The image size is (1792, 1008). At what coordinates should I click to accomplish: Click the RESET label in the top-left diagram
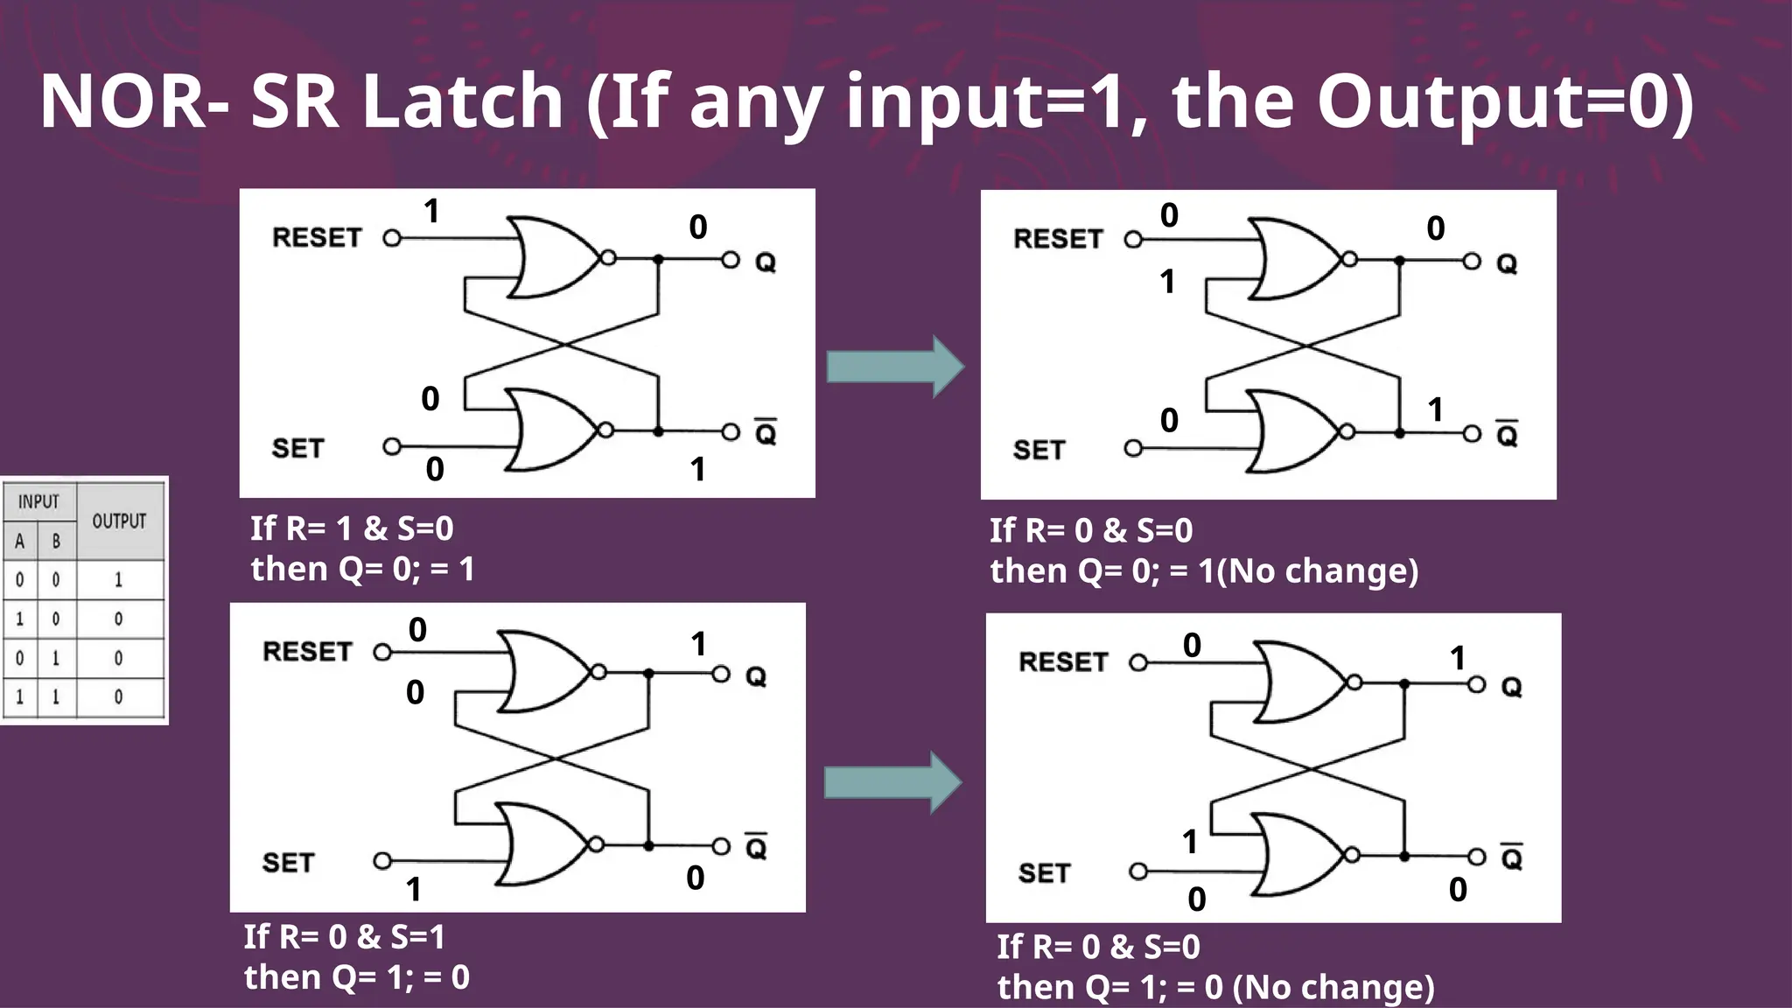[317, 238]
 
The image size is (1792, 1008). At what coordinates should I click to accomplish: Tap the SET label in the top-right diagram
[1039, 451]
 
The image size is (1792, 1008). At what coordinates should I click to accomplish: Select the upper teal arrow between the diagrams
[895, 367]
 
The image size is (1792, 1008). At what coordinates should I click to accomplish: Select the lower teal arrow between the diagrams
[892, 782]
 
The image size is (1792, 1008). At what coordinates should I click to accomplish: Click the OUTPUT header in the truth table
[119, 521]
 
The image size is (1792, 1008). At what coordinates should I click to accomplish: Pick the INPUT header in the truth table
[38, 502]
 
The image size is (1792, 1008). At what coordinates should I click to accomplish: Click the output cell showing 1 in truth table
[119, 580]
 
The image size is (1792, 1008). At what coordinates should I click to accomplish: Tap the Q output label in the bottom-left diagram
[756, 677]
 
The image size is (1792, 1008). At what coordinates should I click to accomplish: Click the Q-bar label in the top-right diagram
[1507, 434]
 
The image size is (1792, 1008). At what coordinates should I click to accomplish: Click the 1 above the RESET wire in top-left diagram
[431, 212]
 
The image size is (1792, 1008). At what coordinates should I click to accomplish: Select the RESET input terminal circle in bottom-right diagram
[1138, 663]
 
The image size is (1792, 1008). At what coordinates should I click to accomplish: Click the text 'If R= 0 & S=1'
[344, 937]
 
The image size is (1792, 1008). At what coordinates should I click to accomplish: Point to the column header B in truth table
[56, 542]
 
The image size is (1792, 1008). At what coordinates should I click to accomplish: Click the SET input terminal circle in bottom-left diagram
[382, 861]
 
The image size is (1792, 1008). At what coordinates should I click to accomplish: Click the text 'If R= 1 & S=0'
[352, 528]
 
